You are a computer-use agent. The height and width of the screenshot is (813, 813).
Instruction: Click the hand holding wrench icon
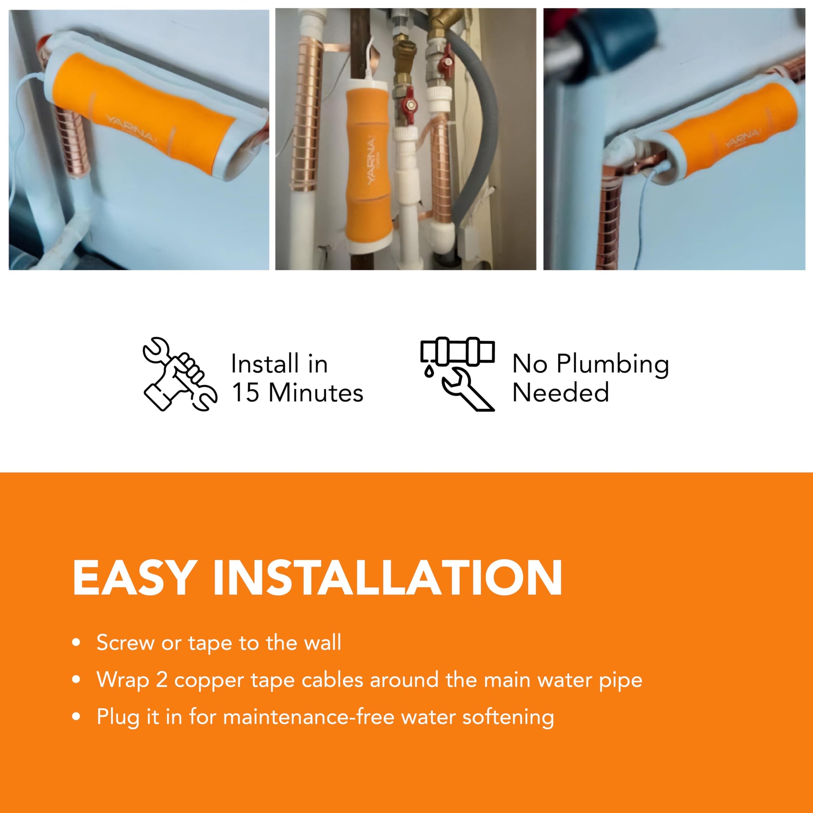[180, 373]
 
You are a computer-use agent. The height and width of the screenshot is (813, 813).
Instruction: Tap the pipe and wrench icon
[457, 373]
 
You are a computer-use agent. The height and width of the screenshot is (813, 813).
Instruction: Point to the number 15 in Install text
[245, 393]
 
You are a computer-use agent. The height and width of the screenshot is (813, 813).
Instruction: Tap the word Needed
[561, 393]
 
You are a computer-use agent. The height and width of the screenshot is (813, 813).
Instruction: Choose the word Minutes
[315, 393]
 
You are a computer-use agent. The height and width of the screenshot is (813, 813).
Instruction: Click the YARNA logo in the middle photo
[371, 160]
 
